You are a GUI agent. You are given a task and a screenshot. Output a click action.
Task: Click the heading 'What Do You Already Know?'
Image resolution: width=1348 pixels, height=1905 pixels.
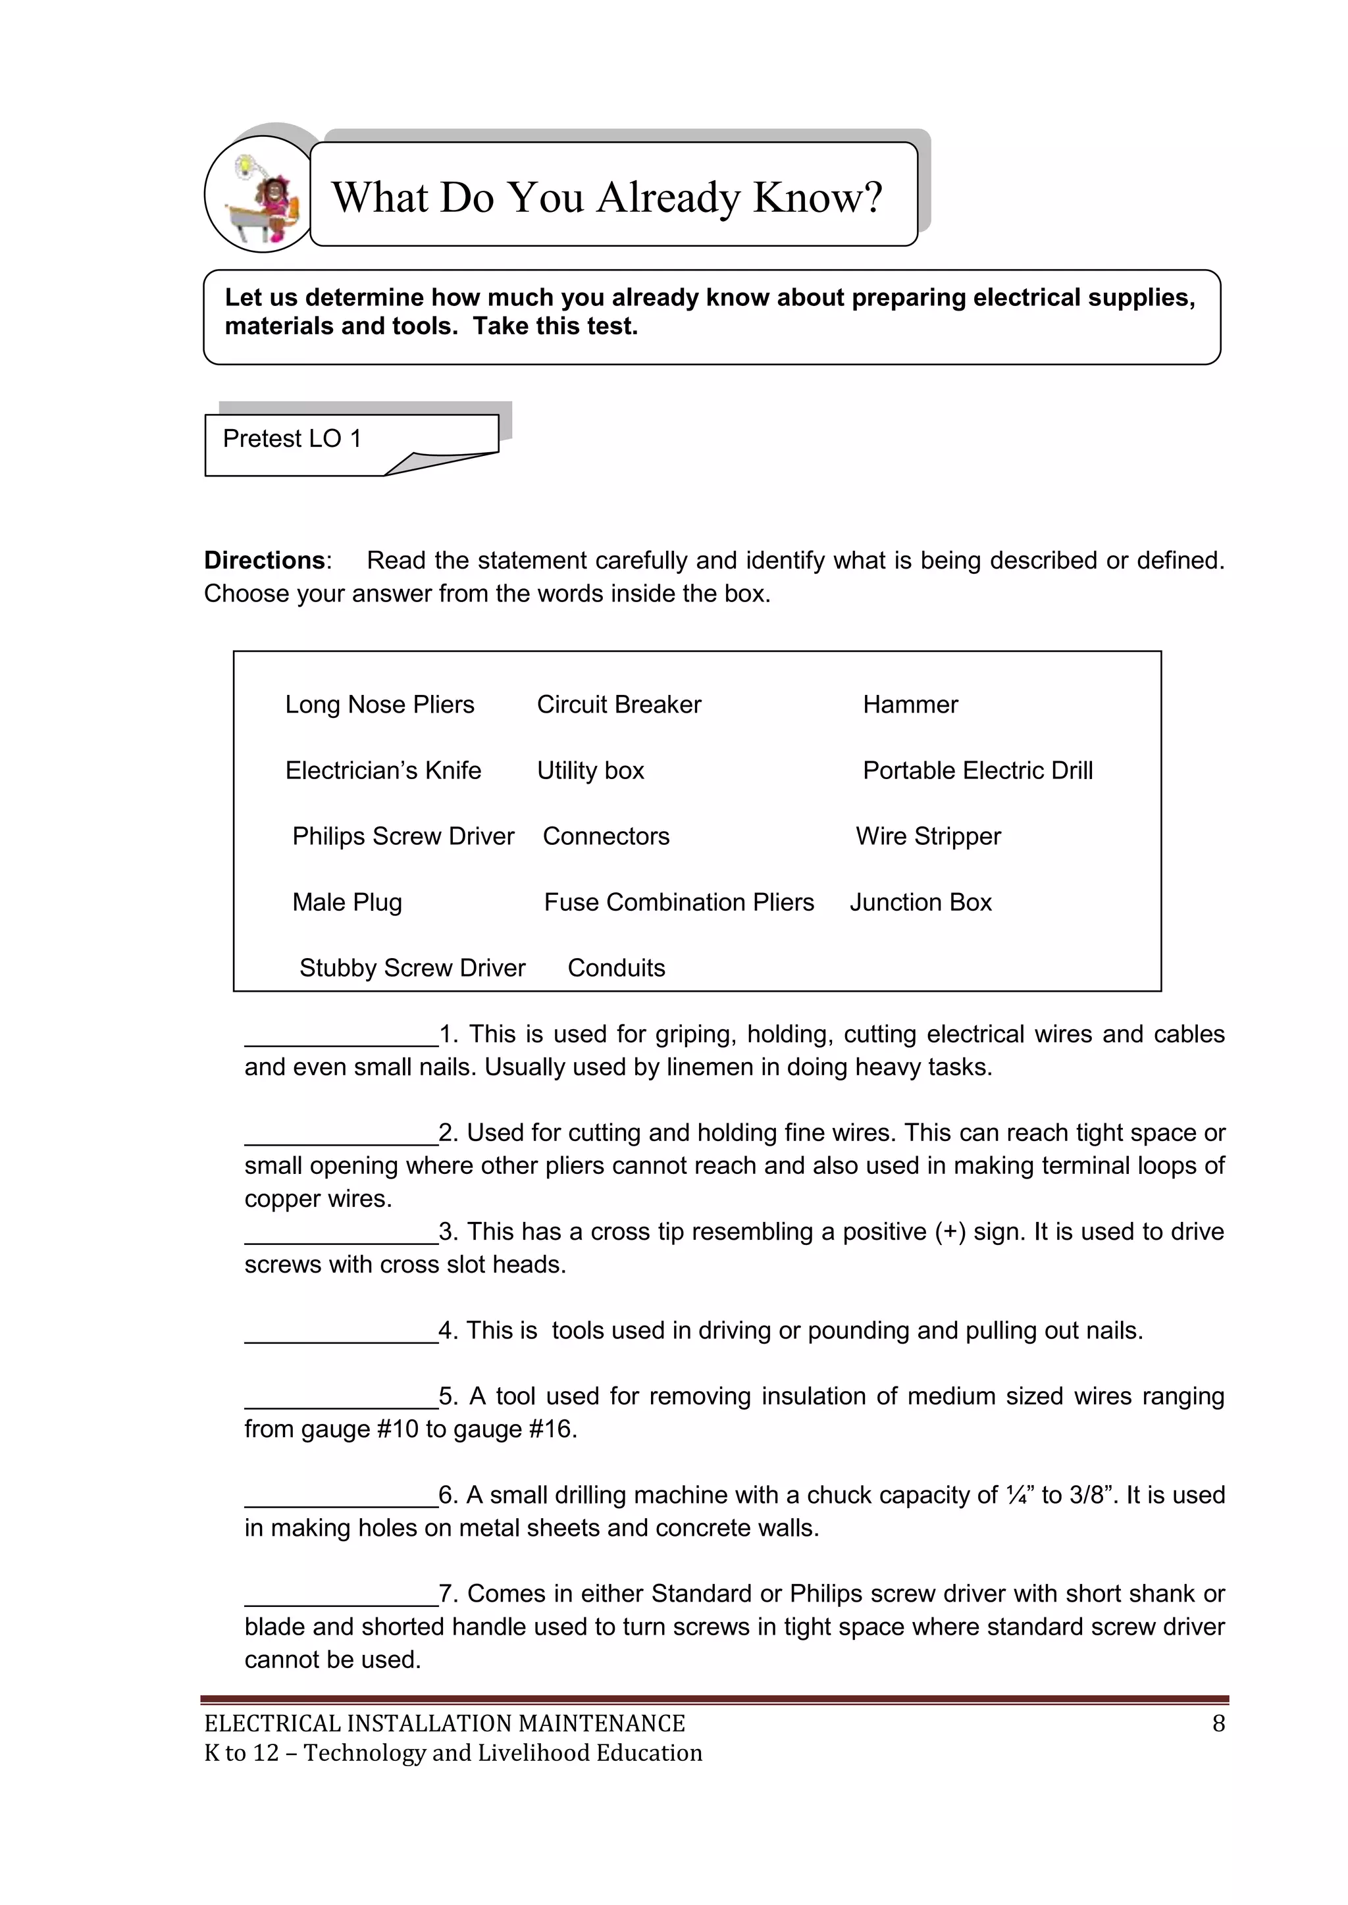[607, 197]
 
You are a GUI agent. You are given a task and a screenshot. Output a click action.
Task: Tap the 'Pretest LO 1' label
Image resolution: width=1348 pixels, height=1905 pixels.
[292, 439]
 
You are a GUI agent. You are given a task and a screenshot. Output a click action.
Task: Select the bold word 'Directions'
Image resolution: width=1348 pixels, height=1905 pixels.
[265, 561]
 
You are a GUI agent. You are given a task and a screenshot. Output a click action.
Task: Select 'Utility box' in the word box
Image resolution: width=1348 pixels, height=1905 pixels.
[590, 771]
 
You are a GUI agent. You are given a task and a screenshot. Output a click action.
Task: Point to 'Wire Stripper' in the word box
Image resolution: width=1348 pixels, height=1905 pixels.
[928, 836]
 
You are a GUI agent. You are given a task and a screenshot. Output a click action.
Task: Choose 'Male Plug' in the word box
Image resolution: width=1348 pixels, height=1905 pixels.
[347, 902]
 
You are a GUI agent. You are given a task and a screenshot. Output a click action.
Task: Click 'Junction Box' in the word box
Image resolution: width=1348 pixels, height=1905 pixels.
[921, 902]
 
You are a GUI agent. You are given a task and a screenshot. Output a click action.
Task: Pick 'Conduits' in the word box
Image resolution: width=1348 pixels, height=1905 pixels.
[616, 967]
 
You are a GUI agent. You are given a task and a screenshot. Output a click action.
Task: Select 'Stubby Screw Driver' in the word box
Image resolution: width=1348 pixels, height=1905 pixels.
[413, 967]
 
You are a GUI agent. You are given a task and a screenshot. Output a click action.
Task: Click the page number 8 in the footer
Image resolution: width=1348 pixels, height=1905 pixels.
[1218, 1724]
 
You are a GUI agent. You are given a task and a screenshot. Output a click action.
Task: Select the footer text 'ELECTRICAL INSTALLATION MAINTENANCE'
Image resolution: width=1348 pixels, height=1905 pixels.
[445, 1724]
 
